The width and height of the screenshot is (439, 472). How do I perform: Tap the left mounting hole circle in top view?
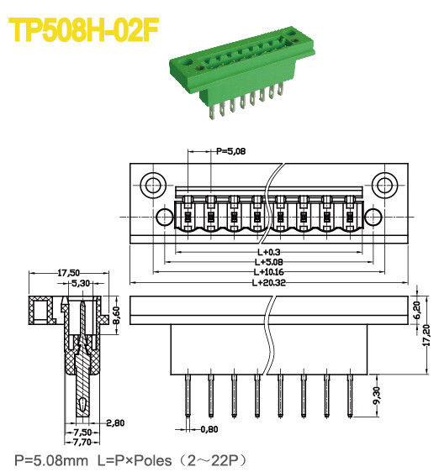(152, 184)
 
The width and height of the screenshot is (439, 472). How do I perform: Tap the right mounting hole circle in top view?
(384, 184)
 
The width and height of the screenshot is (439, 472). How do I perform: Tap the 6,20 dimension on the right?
(415, 309)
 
